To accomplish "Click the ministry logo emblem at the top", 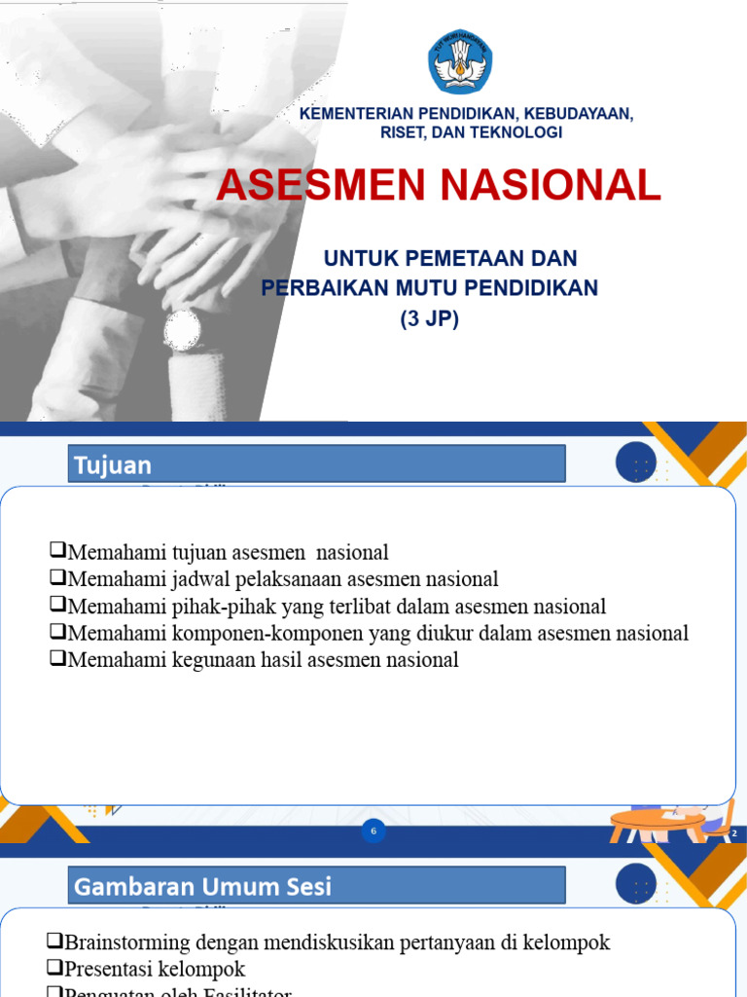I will (x=460, y=61).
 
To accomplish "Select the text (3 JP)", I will (x=429, y=317).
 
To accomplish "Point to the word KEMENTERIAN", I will (x=359, y=114).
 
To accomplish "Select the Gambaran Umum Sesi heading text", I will (x=202, y=886).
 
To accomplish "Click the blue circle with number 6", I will (x=373, y=831).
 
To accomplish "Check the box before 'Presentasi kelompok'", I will (x=55, y=970).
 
